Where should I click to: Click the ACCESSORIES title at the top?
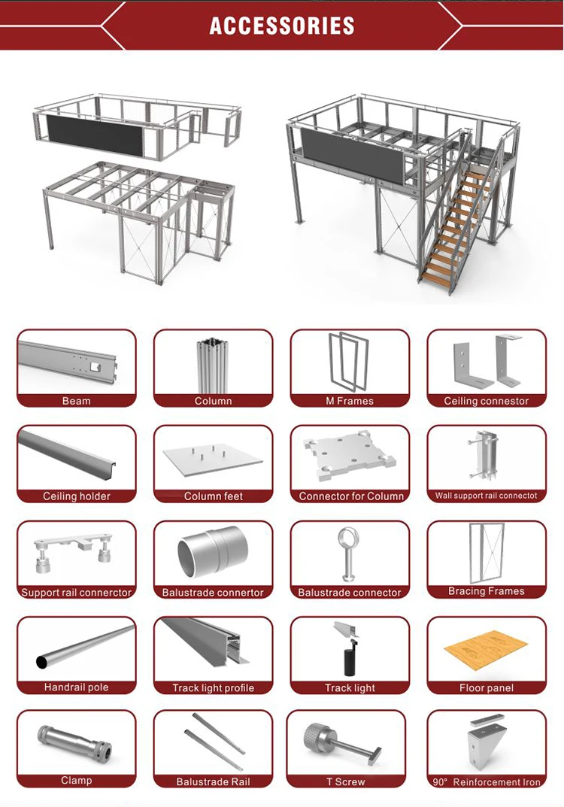coord(282,25)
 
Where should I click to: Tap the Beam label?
coord(77,401)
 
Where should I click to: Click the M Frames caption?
coord(350,401)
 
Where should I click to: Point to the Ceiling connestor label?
coord(487,401)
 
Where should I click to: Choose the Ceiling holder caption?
coord(77,496)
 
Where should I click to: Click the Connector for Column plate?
coord(350,460)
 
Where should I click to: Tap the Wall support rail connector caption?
coord(487,496)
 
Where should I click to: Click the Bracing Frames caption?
coord(487,591)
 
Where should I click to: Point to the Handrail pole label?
coord(77,687)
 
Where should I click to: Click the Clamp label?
coord(77,781)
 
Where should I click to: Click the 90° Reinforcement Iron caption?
coord(487,782)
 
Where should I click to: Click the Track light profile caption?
coord(214,687)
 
